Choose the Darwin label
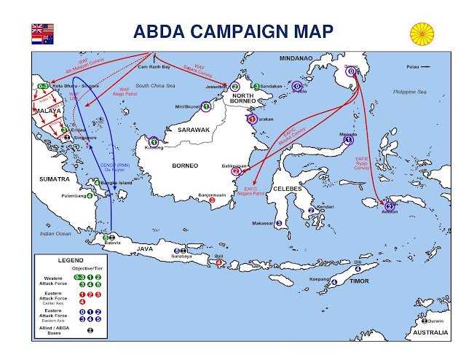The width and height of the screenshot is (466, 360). (x=435, y=320)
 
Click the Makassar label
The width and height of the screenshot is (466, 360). (x=262, y=223)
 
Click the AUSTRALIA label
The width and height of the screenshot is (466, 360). (x=429, y=334)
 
